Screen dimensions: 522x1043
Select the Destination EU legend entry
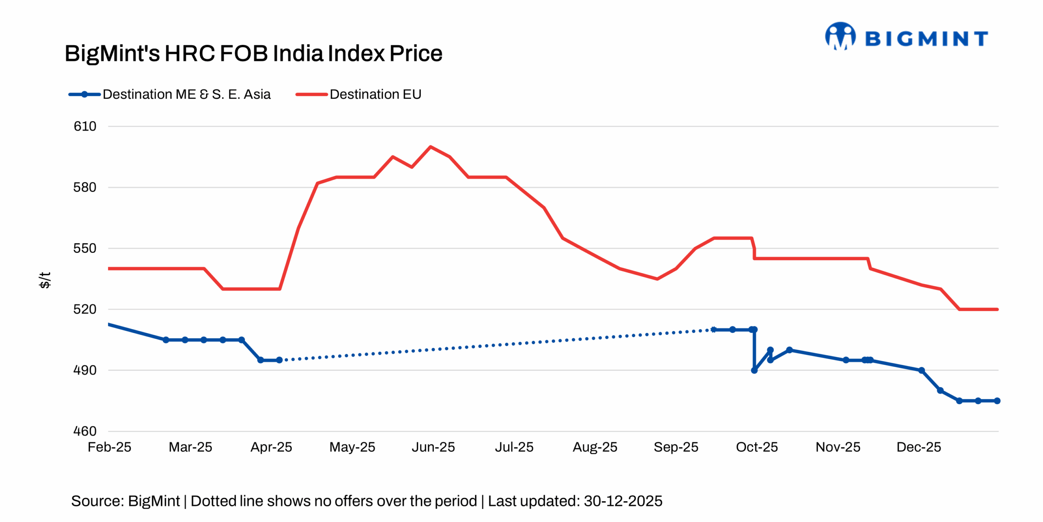tap(359, 94)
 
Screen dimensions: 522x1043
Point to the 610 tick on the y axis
tap(85, 126)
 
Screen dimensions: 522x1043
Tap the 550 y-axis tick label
tap(85, 248)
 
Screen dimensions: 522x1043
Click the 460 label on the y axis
tap(85, 431)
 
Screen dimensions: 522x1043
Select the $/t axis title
tap(45, 280)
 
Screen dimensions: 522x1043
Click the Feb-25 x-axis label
tap(109, 447)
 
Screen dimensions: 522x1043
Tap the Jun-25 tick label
tap(433, 447)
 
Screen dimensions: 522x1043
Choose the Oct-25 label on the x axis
tap(757, 447)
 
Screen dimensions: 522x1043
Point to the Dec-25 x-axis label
tap(919, 447)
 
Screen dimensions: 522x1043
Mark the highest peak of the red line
tap(431, 146)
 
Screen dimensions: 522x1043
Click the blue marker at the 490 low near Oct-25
tap(754, 370)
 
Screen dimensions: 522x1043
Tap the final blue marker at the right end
tap(997, 401)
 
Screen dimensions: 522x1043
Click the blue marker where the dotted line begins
tap(279, 360)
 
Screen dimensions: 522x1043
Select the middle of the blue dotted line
tap(496, 345)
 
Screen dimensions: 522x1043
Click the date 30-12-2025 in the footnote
tap(623, 501)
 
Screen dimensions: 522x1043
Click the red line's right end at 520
tap(997, 310)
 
